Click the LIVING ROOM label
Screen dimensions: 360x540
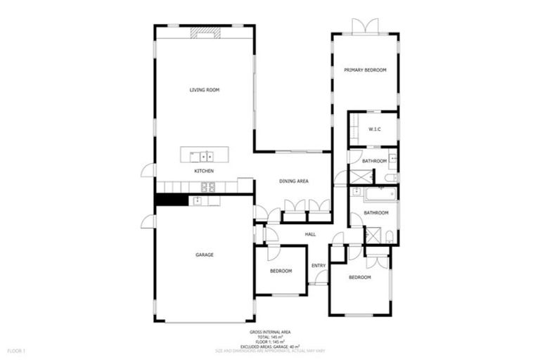coord(205,90)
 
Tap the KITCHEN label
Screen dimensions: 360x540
coord(205,171)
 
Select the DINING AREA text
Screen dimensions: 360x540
coord(294,181)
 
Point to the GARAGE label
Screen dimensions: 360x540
coord(205,255)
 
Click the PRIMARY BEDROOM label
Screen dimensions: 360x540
coord(366,70)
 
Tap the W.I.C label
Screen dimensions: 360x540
coord(374,129)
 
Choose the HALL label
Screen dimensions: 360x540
coord(310,234)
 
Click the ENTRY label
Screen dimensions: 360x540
coord(319,265)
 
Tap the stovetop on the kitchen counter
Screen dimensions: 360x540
coord(208,186)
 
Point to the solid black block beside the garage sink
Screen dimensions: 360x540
coord(171,200)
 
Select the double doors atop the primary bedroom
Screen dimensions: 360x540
coord(366,27)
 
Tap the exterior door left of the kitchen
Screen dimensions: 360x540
coord(148,170)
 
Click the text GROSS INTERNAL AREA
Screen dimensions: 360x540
coord(270,332)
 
